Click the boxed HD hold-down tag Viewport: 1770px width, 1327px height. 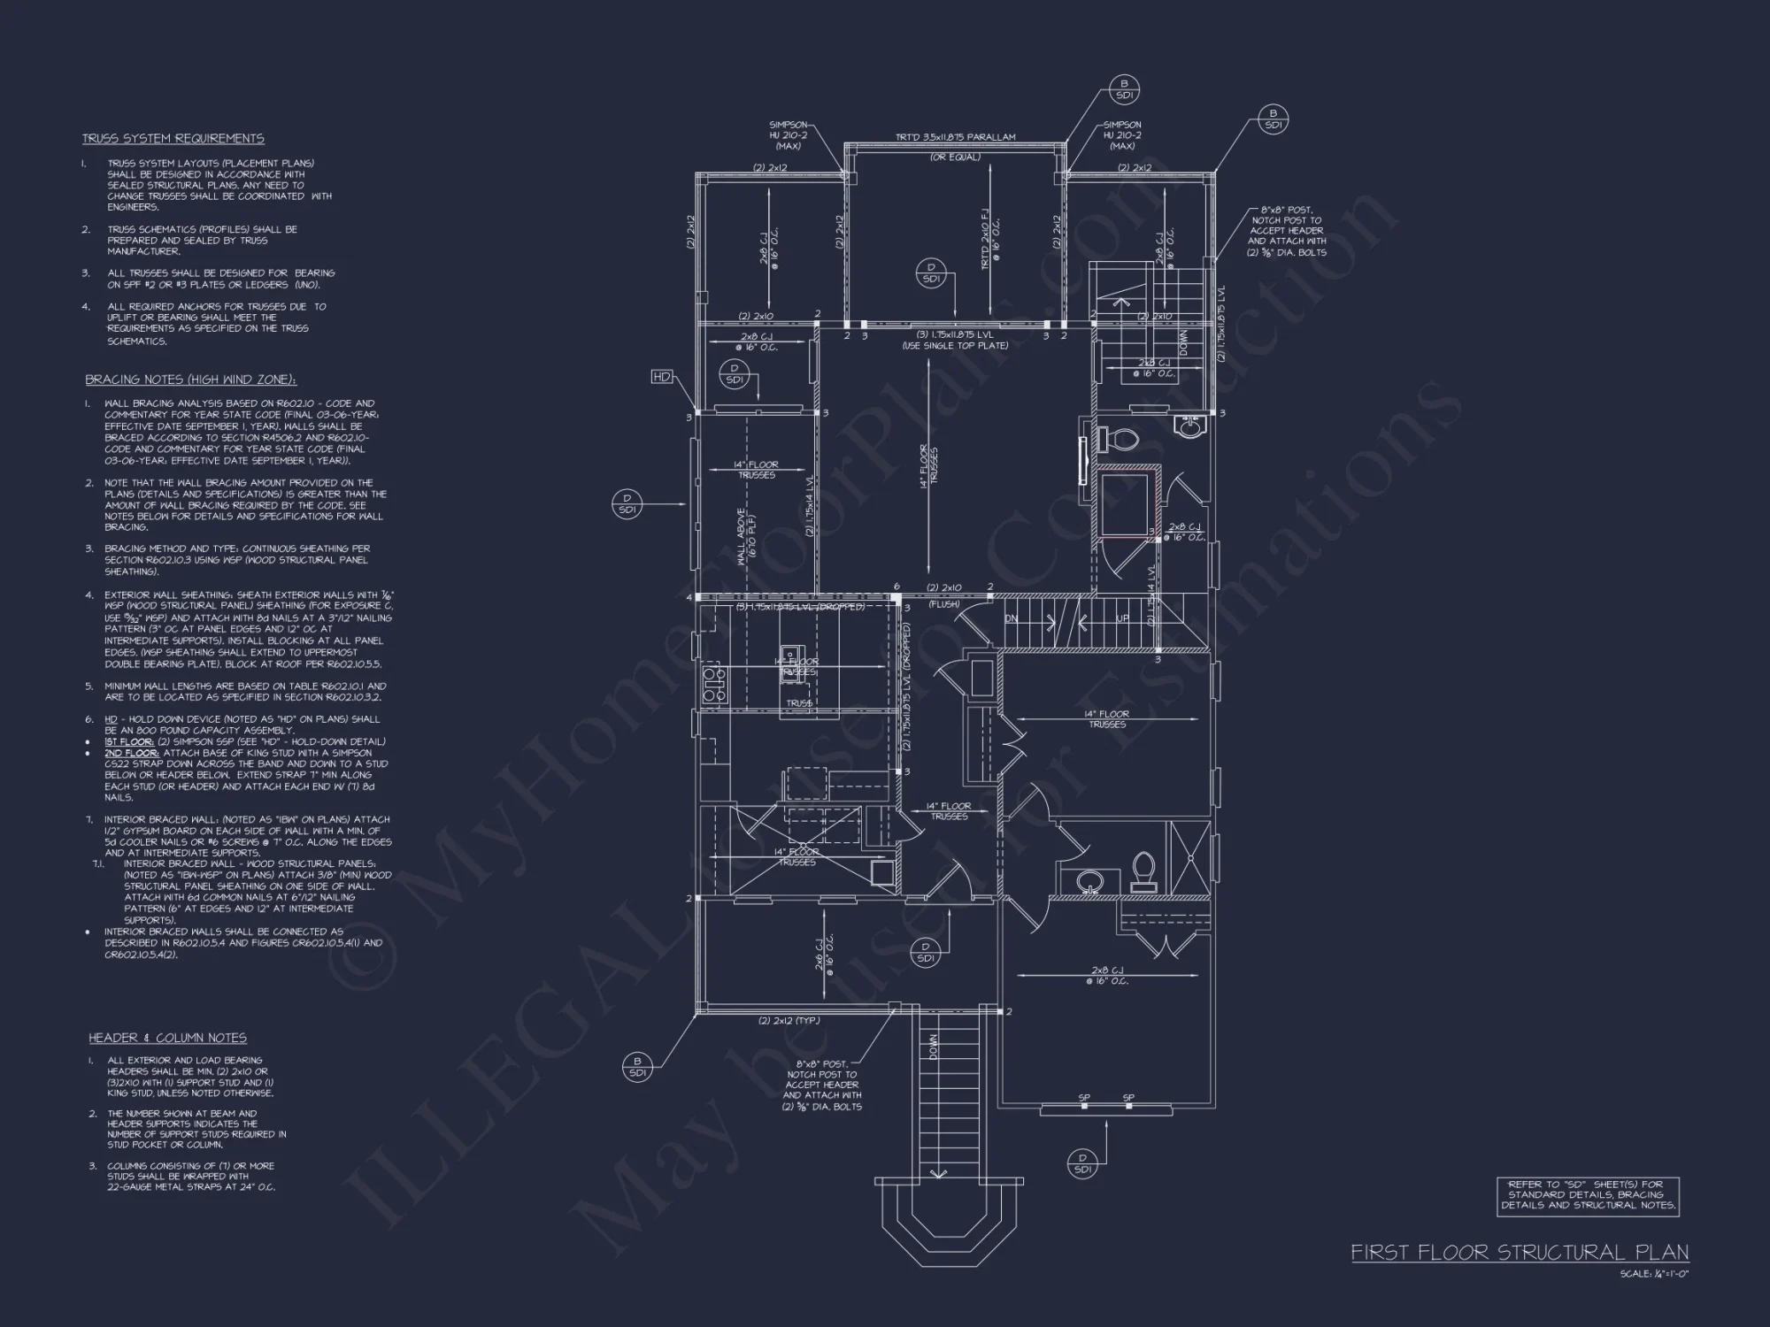pyautogui.click(x=661, y=377)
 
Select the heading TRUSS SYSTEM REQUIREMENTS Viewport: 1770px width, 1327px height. pyautogui.click(x=173, y=139)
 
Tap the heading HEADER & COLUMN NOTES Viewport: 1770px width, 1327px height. pyautogui.click(x=167, y=1038)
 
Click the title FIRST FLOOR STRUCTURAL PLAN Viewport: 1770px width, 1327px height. pyautogui.click(x=1520, y=1253)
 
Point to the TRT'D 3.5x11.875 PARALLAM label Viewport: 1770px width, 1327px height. pyautogui.click(x=955, y=137)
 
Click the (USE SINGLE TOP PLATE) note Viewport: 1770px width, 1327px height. pyautogui.click(x=955, y=346)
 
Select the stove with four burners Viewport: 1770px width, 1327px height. pyautogui.click(x=713, y=687)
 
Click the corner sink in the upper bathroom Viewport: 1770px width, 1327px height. pyautogui.click(x=1190, y=428)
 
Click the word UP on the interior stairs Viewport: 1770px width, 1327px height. pyautogui.click(x=1121, y=618)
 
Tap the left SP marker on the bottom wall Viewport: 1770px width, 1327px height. pyautogui.click(x=1084, y=1098)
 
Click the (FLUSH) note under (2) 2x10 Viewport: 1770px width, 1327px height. pyautogui.click(x=943, y=604)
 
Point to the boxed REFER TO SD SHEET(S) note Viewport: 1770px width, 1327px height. pyautogui.click(x=1588, y=1195)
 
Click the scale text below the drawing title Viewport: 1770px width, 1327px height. pyautogui.click(x=1654, y=1274)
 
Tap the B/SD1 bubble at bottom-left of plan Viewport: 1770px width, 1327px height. pyautogui.click(x=636, y=1067)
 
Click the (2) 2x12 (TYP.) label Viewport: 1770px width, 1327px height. pyautogui.click(x=789, y=1020)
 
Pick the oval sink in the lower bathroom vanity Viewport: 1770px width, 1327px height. pyautogui.click(x=1089, y=880)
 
